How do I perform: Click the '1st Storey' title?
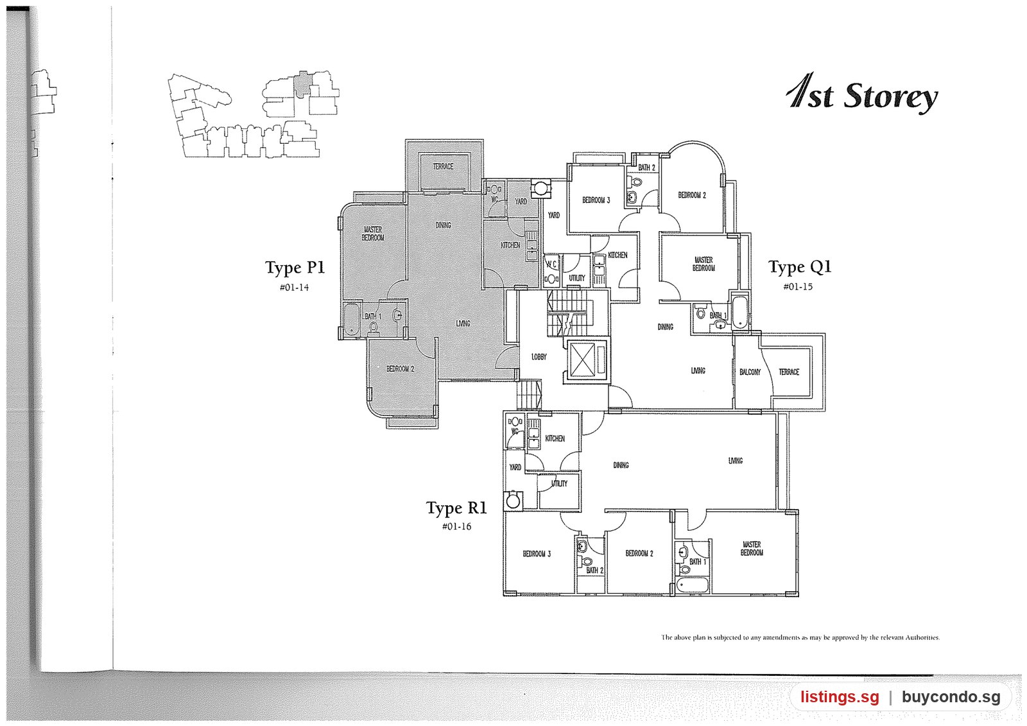pos(862,94)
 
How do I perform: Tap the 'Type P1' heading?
pos(295,268)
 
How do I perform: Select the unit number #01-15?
pos(798,287)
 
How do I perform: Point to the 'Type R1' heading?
pos(456,508)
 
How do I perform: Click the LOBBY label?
pos(539,357)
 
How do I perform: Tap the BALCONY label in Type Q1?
pos(750,372)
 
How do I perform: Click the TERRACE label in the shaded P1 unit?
pos(443,166)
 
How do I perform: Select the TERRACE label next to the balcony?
pos(789,372)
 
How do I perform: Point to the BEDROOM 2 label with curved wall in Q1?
pos(692,195)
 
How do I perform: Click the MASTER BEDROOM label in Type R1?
pos(752,549)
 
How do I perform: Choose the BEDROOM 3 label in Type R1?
pos(537,554)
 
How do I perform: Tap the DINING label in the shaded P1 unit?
pos(443,225)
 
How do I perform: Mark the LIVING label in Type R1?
pos(735,461)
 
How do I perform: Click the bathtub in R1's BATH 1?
pos(693,585)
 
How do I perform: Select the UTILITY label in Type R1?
pos(559,483)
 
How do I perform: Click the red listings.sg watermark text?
pos(840,696)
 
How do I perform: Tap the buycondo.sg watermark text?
pos(951,696)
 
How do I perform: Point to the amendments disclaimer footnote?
pos(800,637)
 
